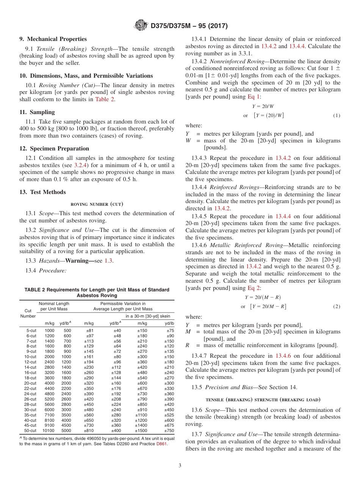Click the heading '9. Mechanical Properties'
click(x=53, y=39)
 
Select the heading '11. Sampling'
click(x=37, y=112)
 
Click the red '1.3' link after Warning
click(x=108, y=261)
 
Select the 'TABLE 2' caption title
click(x=97, y=292)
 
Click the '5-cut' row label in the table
click(x=31, y=330)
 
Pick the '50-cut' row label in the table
click(x=30, y=430)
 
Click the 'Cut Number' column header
click(x=28, y=313)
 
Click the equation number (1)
click(x=337, y=116)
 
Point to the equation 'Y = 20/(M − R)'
click(x=263, y=297)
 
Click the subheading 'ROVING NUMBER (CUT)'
click(x=97, y=204)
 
